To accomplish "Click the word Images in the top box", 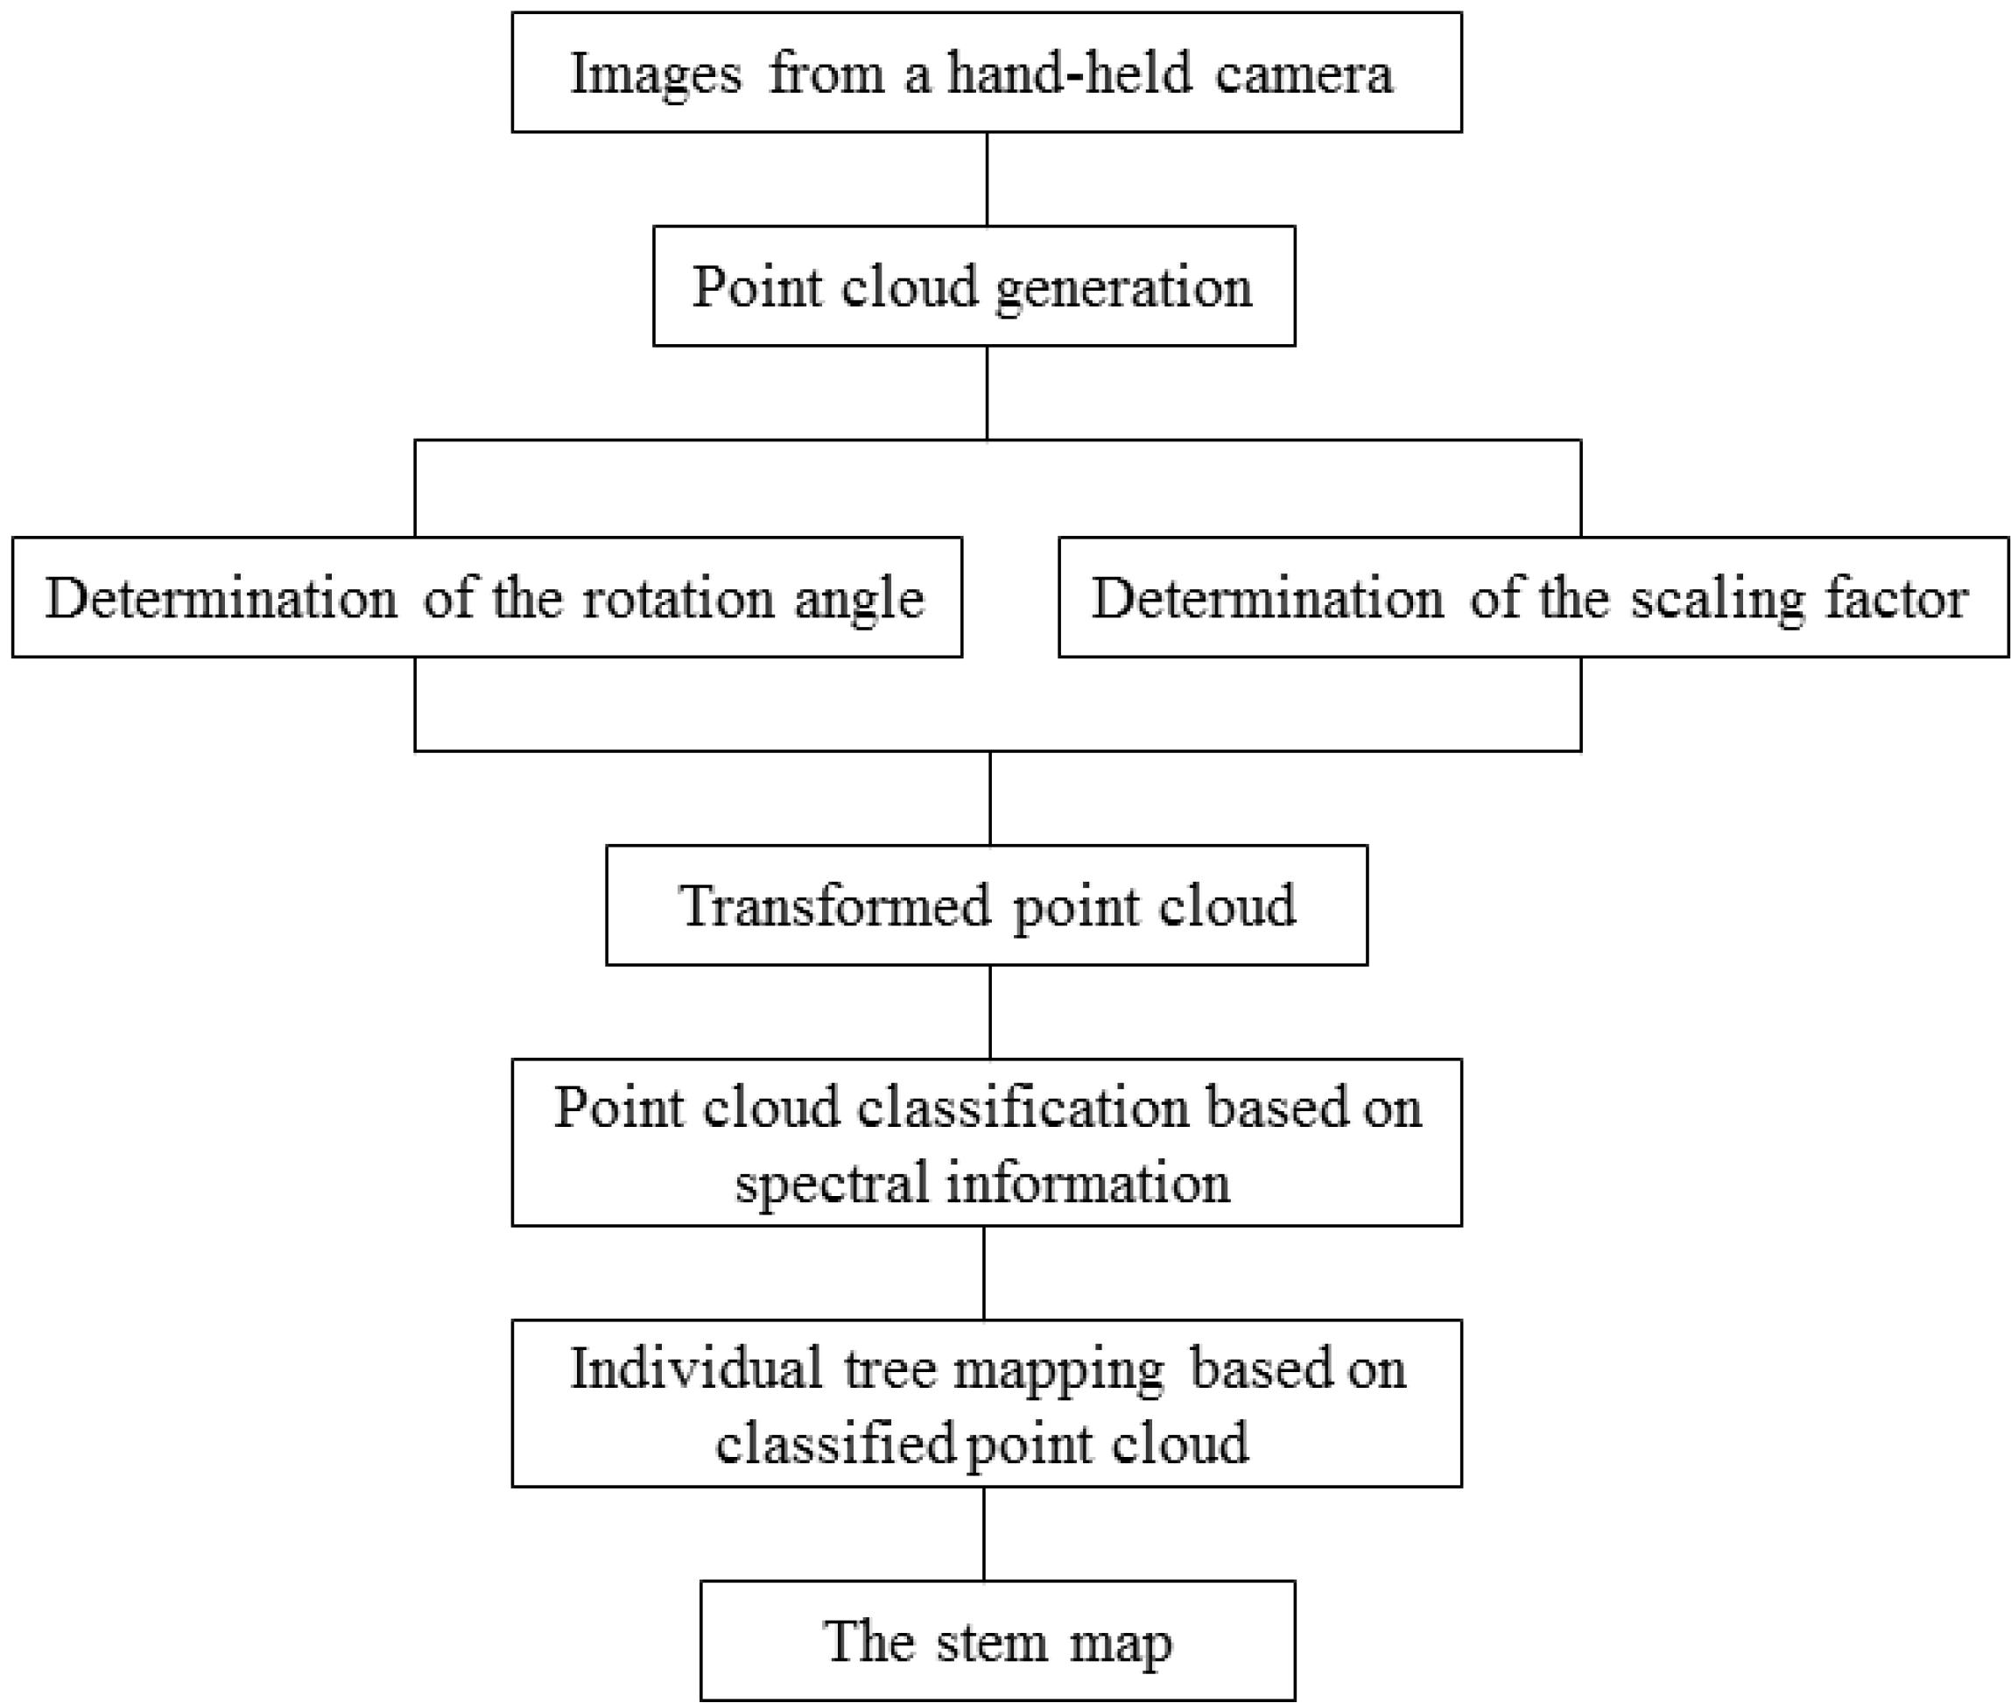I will pos(656,74).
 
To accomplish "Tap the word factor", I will pos(1896,599).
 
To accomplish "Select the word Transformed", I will pos(835,906).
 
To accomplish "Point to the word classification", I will pos(1023,1108).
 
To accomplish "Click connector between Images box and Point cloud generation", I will pos(987,179).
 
